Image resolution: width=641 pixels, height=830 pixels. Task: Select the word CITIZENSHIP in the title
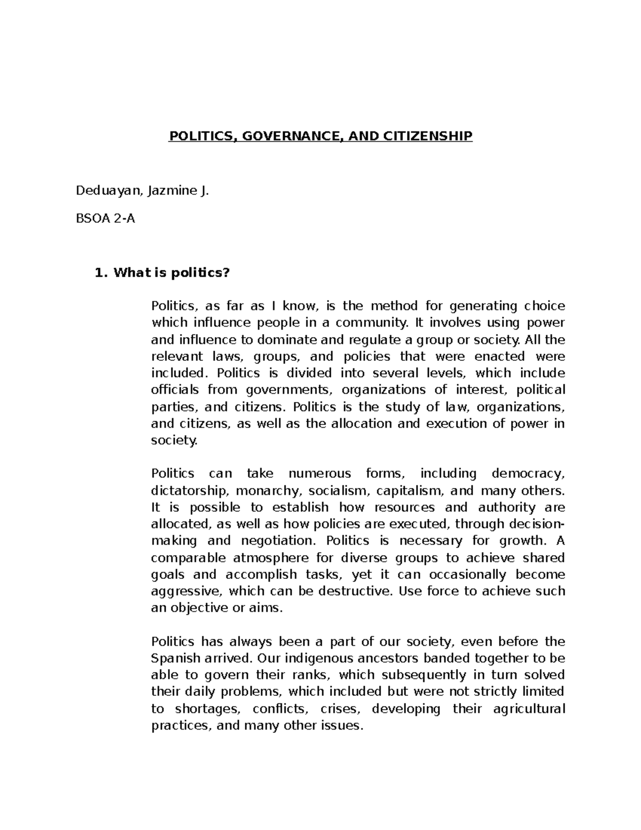click(428, 136)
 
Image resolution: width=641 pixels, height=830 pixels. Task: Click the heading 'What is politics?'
click(171, 273)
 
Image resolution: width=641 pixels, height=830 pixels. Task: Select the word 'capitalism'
click(410, 491)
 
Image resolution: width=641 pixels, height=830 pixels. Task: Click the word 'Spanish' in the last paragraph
click(173, 658)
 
